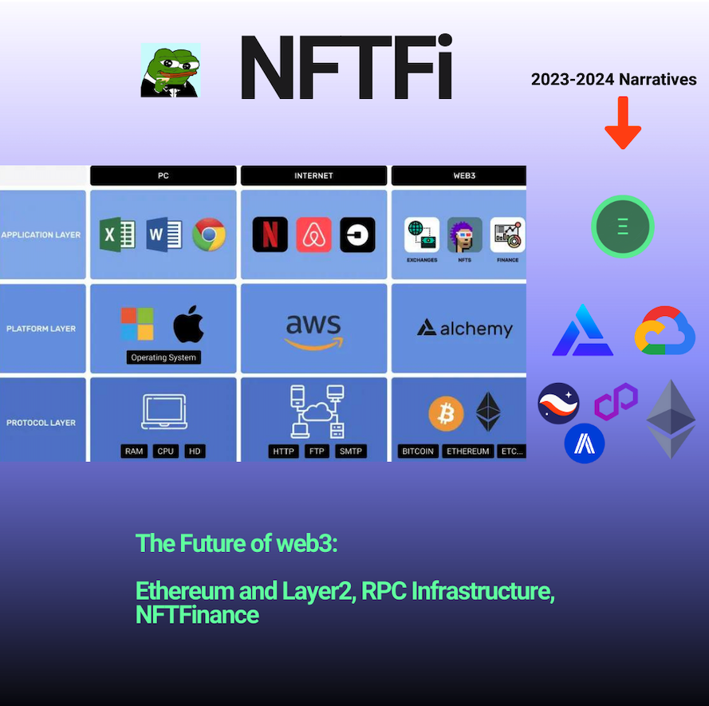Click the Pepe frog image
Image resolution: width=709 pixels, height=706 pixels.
click(171, 70)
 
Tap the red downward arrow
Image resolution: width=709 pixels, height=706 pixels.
click(623, 123)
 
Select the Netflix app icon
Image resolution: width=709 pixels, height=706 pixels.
click(270, 235)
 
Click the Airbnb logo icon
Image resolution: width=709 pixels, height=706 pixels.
click(313, 235)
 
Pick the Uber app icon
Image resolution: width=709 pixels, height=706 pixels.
click(357, 235)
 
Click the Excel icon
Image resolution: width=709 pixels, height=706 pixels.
click(117, 235)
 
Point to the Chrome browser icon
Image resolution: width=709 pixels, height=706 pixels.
click(209, 235)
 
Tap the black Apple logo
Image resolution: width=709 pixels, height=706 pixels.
click(188, 324)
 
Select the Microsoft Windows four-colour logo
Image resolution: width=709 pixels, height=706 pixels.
click(137, 324)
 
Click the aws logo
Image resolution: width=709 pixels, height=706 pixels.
click(313, 332)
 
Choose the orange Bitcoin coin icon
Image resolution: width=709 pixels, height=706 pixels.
click(446, 413)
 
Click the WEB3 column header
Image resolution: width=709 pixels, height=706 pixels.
click(459, 176)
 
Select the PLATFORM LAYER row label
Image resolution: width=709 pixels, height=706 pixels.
click(41, 329)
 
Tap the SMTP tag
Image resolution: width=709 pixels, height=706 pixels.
click(350, 451)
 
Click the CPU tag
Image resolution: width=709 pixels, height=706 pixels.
click(166, 451)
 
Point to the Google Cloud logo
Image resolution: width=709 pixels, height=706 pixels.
click(664, 330)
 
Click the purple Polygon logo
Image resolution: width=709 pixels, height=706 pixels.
click(616, 401)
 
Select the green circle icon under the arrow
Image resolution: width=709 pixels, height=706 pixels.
click(623, 226)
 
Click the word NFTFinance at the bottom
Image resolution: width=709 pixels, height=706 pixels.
click(197, 615)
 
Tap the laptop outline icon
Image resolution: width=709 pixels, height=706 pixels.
click(164, 412)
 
